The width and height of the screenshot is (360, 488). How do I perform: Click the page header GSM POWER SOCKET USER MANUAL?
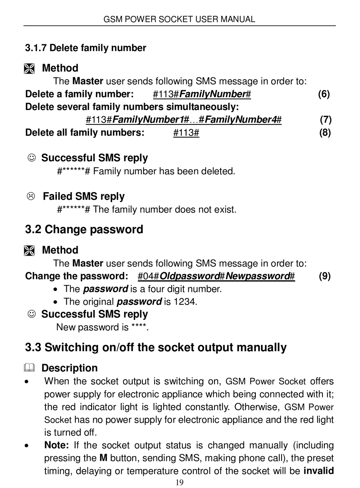pyautogui.click(x=179, y=19)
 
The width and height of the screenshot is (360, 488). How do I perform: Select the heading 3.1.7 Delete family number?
pyautogui.click(x=86, y=48)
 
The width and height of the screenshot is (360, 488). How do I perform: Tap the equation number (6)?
pyautogui.click(x=324, y=94)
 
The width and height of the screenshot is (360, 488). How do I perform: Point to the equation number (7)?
pyautogui.click(x=326, y=120)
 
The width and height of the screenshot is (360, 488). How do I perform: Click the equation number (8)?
pyautogui.click(x=325, y=133)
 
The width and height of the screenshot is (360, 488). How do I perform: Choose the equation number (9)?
pyautogui.click(x=325, y=276)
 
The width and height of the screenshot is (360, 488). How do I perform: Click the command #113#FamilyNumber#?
pyautogui.click(x=202, y=94)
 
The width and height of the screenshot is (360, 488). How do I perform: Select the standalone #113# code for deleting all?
pyautogui.click(x=186, y=133)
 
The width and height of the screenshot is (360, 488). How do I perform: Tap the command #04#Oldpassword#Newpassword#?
pyautogui.click(x=216, y=276)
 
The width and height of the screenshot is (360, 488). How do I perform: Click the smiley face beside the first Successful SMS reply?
pyautogui.click(x=32, y=157)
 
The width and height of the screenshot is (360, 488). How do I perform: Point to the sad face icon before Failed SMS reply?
pyautogui.click(x=31, y=196)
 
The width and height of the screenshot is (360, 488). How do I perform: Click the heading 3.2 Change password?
pyautogui.click(x=84, y=230)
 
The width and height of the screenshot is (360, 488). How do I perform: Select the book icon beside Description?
pyautogui.click(x=29, y=368)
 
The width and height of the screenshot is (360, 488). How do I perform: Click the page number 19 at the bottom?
pyautogui.click(x=180, y=482)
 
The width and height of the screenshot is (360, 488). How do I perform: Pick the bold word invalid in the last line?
pyautogui.click(x=319, y=471)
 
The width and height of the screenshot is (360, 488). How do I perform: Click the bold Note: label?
pyautogui.click(x=56, y=445)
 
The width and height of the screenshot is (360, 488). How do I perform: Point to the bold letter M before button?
pyautogui.click(x=103, y=458)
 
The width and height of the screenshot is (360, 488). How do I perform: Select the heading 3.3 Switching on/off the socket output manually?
pyautogui.click(x=156, y=348)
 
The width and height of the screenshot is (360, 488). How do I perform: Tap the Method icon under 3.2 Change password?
pyautogui.click(x=29, y=251)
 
